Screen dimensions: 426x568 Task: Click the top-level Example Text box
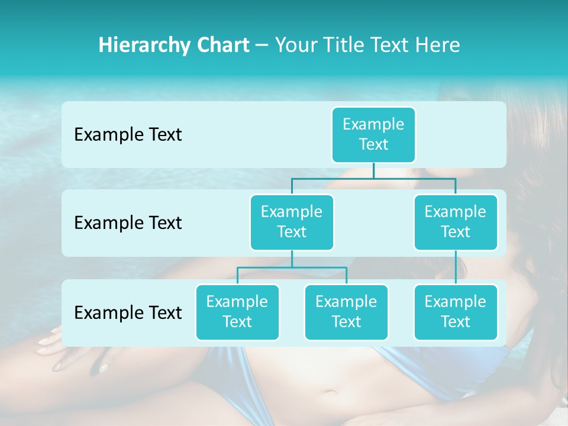click(x=373, y=134)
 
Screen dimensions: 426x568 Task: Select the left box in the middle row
click(x=292, y=222)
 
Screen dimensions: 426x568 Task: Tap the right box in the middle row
click(x=456, y=222)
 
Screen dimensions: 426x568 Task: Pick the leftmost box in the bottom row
click(x=237, y=312)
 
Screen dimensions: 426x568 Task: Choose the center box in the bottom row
click(x=346, y=312)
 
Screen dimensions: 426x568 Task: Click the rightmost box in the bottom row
click(x=456, y=312)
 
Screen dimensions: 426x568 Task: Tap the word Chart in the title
click(x=224, y=45)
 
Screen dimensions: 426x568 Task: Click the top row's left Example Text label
click(x=128, y=134)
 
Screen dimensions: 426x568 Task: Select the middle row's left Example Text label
click(x=128, y=222)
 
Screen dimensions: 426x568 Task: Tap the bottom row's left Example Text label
click(x=128, y=312)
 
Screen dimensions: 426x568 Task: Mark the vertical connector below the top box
click(x=373, y=170)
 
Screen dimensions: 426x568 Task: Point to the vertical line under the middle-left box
click(x=292, y=259)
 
